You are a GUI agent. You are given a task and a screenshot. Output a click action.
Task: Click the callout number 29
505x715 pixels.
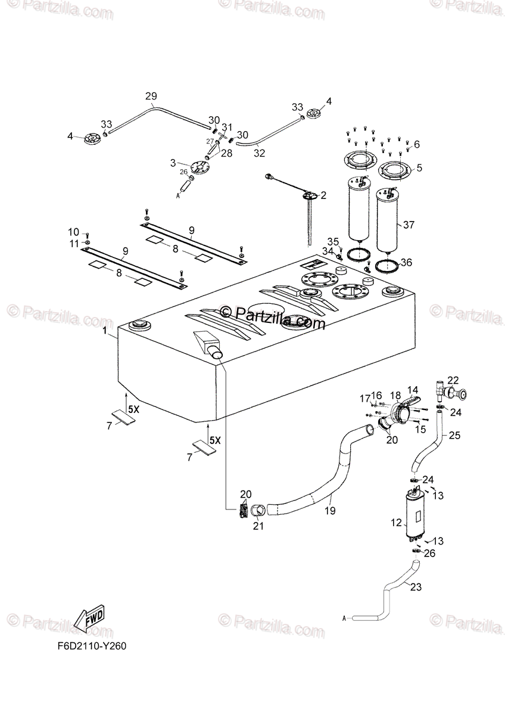click(x=151, y=97)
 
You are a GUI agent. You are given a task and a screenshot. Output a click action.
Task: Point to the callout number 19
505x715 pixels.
click(x=330, y=511)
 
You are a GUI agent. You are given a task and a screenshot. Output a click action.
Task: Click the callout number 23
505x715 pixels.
click(x=415, y=587)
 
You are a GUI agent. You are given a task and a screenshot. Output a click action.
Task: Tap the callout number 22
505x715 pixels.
click(x=453, y=380)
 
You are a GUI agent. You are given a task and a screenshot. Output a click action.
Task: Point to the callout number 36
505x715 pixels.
click(x=406, y=262)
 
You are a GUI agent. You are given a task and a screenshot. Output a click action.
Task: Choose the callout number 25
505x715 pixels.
click(x=455, y=436)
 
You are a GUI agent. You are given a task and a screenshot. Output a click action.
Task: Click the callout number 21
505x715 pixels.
click(x=258, y=525)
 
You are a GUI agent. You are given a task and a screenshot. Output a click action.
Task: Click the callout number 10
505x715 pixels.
click(x=73, y=232)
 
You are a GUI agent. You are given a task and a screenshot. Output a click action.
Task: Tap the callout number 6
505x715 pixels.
click(x=416, y=144)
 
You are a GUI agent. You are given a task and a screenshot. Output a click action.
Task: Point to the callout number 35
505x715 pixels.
click(x=333, y=241)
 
